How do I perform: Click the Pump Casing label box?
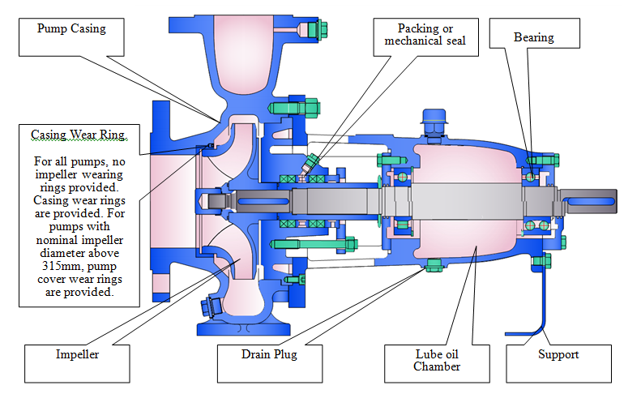[71, 37]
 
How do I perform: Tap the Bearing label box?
[534, 33]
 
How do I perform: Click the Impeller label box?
[77, 364]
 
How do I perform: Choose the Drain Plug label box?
[270, 364]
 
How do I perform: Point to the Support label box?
[559, 364]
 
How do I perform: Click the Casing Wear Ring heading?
[79, 135]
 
